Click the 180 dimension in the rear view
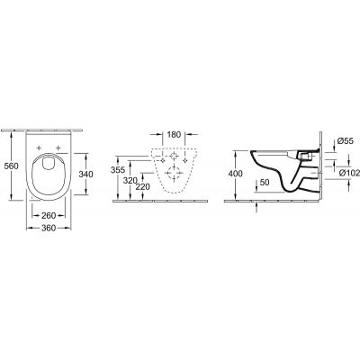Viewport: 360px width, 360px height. coord(175,135)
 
